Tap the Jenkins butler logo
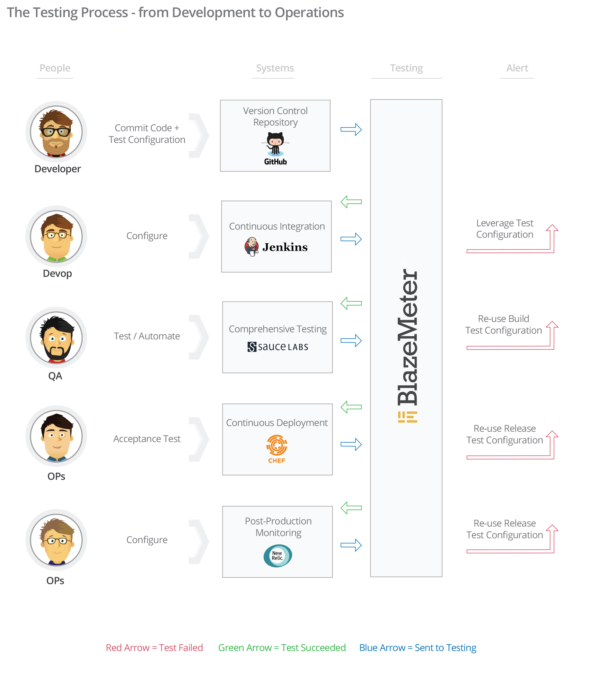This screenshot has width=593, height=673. tap(252, 247)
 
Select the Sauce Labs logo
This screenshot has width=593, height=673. tap(278, 347)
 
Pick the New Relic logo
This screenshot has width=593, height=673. tap(278, 556)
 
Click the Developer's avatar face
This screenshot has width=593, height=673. tap(56, 132)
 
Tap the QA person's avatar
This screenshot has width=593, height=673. tap(56, 337)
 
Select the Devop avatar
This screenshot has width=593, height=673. tap(56, 236)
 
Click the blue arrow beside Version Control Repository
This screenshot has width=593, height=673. tap(351, 129)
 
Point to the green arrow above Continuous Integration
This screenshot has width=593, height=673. tap(351, 202)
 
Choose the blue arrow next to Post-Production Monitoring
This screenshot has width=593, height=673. tap(351, 545)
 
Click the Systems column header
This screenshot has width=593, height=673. tap(275, 68)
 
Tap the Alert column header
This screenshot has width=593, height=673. tap(517, 68)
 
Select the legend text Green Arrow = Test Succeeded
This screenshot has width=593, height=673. tap(282, 648)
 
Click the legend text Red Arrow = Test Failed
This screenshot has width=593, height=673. tap(154, 648)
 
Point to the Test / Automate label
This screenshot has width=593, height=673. tap(147, 336)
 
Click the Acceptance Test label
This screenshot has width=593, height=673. tap(147, 439)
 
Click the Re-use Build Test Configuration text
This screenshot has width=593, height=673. tap(503, 325)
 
